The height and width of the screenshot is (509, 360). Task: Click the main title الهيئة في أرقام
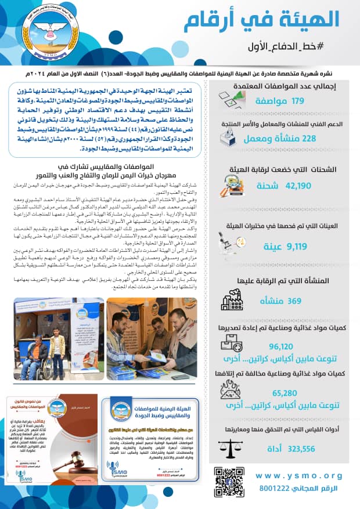coord(261,20)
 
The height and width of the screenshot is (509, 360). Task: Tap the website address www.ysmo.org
coord(298,476)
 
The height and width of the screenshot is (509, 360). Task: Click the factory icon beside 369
coord(233,301)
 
